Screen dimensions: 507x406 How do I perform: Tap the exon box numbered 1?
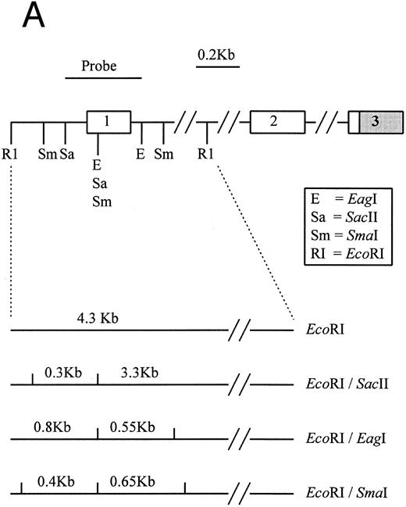109,122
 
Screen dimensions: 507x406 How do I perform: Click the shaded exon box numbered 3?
378,122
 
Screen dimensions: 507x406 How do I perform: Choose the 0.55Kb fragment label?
133,427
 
